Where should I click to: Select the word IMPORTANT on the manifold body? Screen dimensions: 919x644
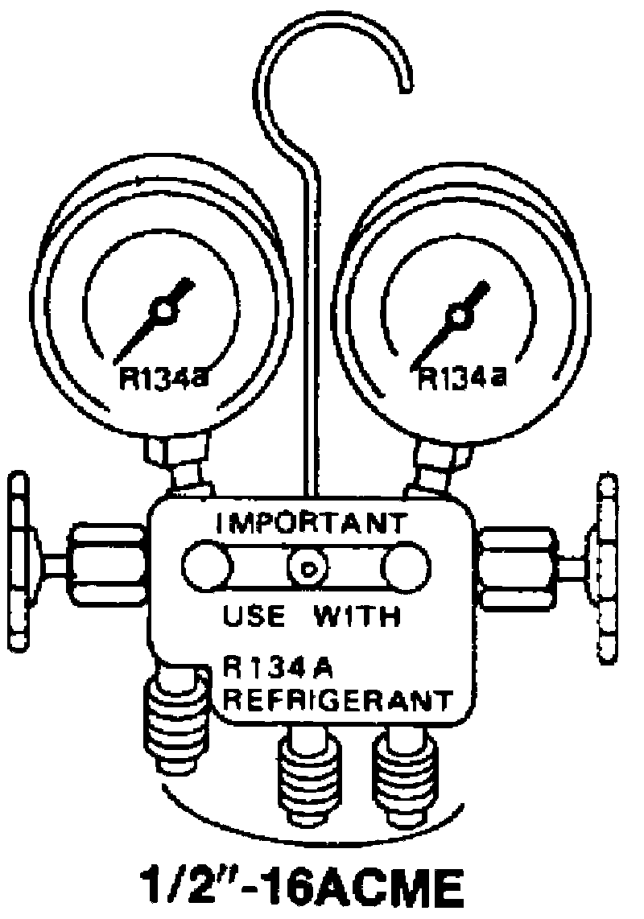[x=312, y=523]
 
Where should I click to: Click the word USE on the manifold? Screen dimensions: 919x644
[x=254, y=618]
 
